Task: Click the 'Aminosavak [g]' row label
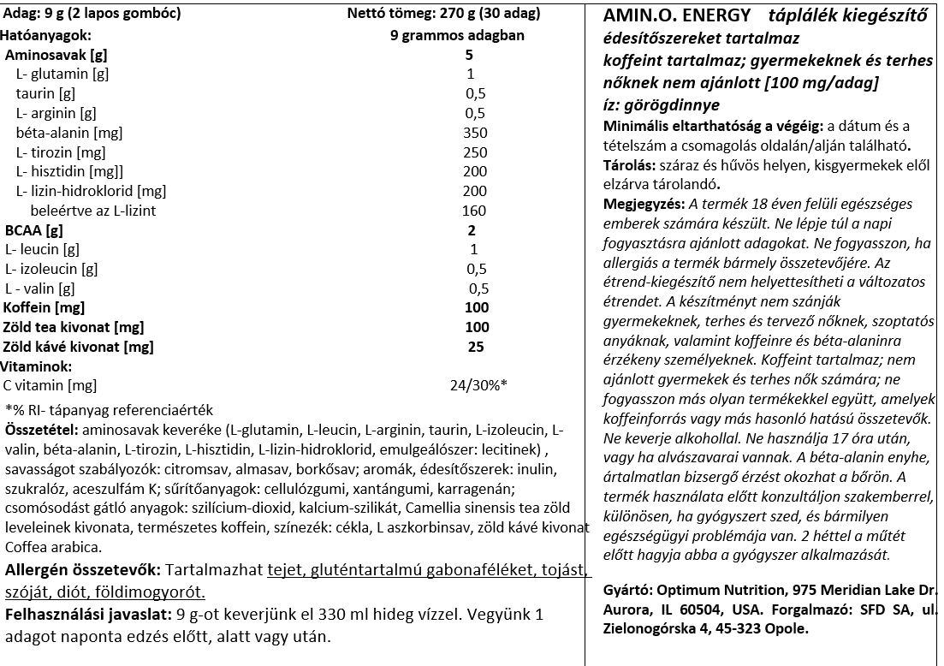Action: (56, 55)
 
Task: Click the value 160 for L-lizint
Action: (474, 211)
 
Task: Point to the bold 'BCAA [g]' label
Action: (33, 230)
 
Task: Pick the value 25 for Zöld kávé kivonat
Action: (476, 347)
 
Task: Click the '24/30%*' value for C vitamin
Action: (478, 385)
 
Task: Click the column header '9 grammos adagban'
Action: (456, 35)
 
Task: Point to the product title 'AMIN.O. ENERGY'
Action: (664, 16)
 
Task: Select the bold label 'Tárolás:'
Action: (627, 166)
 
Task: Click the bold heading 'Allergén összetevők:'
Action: (83, 570)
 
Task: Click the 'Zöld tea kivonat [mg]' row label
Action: (74, 327)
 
